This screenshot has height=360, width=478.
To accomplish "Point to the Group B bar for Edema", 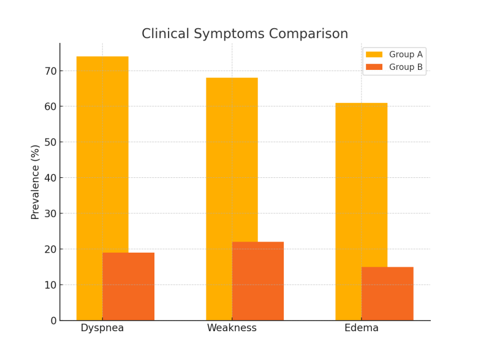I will [x=387, y=294].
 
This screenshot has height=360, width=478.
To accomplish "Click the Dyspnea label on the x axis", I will [x=102, y=328].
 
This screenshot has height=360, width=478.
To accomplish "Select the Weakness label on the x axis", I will [x=232, y=328].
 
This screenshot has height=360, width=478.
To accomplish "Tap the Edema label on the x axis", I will [x=362, y=328].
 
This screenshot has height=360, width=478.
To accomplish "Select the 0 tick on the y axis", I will [x=53, y=321].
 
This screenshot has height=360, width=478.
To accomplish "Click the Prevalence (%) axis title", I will [x=36, y=182].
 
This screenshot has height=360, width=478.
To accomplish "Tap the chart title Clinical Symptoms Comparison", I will [x=245, y=34].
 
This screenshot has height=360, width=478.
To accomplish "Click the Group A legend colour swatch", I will [x=374, y=55].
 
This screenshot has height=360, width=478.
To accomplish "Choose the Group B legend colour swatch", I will [x=374, y=67].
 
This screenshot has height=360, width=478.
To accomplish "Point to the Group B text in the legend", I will [x=406, y=67].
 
